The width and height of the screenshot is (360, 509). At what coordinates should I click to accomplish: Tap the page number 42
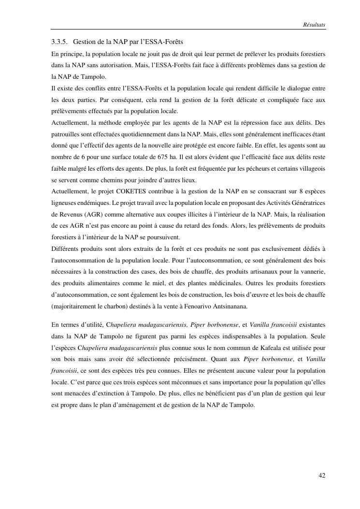[322, 476]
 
